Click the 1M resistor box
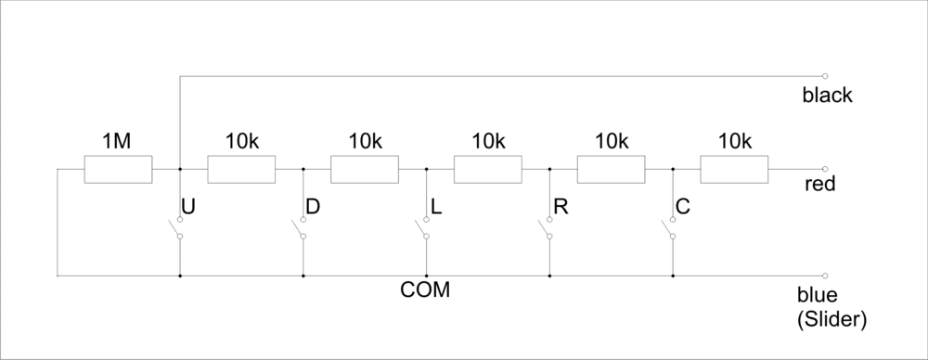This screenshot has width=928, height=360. [x=118, y=170]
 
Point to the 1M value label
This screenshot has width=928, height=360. [x=116, y=142]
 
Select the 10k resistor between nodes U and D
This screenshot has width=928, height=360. [x=241, y=170]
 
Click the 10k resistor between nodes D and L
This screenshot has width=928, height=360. [x=365, y=170]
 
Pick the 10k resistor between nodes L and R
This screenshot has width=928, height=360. [x=488, y=170]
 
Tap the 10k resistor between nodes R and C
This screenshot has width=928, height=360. [x=612, y=170]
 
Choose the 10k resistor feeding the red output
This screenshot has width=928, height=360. [x=735, y=170]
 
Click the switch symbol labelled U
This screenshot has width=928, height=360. [x=176, y=227]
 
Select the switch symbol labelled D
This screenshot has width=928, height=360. [x=300, y=227]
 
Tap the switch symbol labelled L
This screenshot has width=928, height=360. [x=423, y=227]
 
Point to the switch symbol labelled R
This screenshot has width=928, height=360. [x=547, y=227]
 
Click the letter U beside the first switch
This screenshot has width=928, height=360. [x=188, y=207]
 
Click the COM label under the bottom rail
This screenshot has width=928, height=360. [x=425, y=290]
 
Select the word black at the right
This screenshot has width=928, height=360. [x=828, y=96]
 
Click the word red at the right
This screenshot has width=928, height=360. [x=821, y=185]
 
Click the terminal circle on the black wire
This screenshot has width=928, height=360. [x=824, y=76]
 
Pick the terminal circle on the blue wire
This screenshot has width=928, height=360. [x=824, y=276]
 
